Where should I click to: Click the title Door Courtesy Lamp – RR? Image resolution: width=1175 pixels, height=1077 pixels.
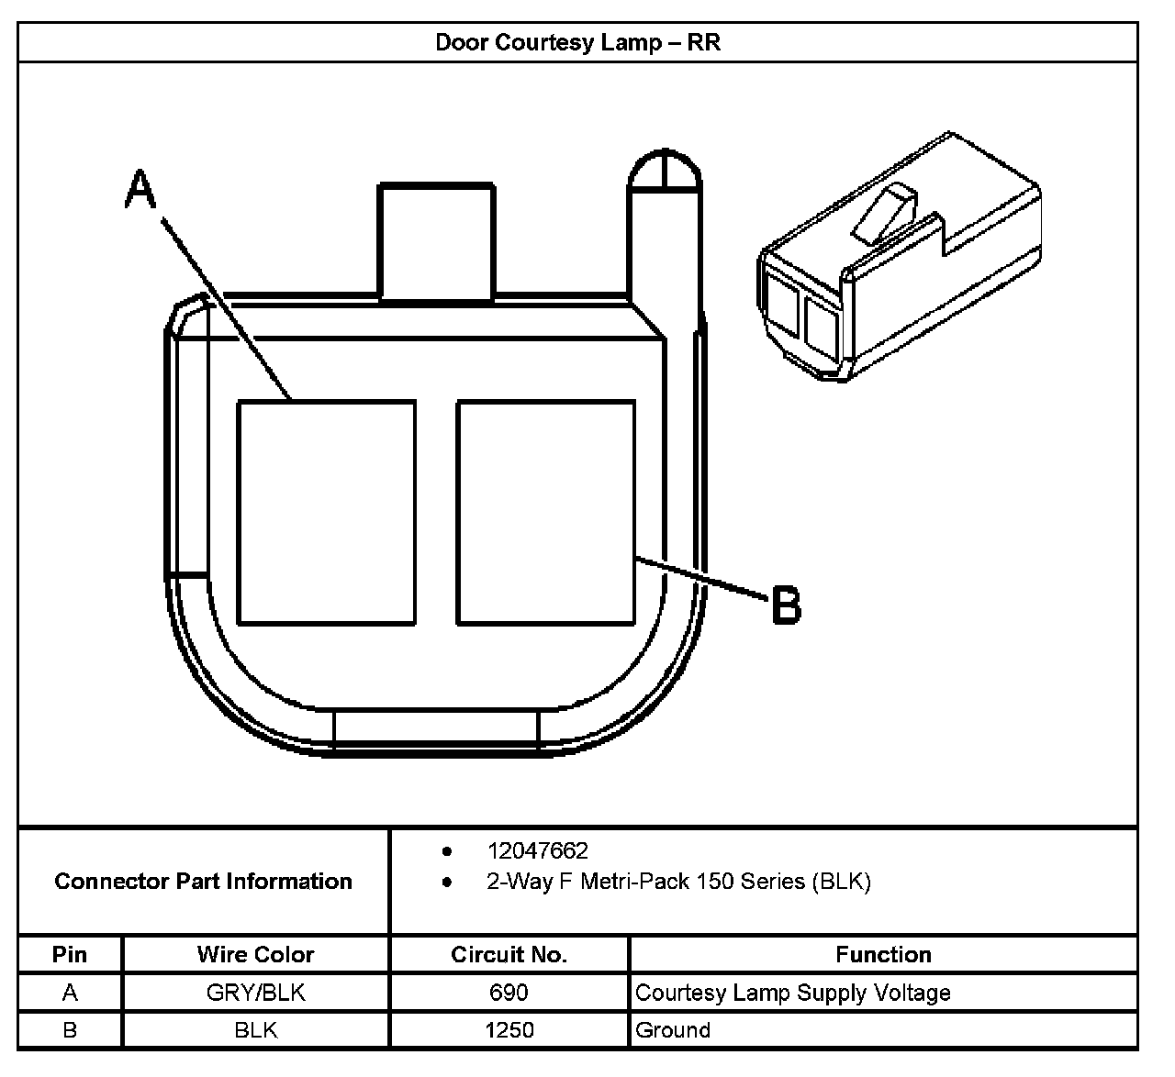pyautogui.click(x=577, y=43)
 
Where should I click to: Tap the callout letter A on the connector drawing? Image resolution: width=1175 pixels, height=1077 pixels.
pyautogui.click(x=140, y=188)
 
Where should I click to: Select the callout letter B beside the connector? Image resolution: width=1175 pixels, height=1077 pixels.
pyautogui.click(x=786, y=605)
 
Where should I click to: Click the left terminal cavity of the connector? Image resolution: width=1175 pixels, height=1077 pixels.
pyautogui.click(x=326, y=512)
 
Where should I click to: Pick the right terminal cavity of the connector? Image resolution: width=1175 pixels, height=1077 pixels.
pyautogui.click(x=545, y=512)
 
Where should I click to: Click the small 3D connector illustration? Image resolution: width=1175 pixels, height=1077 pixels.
pyautogui.click(x=898, y=261)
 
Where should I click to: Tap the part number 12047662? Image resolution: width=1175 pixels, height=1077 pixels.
pyautogui.click(x=537, y=850)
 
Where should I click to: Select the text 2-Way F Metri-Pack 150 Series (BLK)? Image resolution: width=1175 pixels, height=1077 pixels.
pyautogui.click(x=678, y=882)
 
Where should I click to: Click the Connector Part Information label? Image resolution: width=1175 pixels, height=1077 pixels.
pyautogui.click(x=204, y=882)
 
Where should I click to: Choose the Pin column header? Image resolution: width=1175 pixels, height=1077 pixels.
pyautogui.click(x=70, y=955)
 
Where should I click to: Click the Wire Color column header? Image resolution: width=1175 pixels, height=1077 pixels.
pyautogui.click(x=255, y=955)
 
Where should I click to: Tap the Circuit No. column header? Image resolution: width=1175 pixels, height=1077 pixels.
pyautogui.click(x=509, y=955)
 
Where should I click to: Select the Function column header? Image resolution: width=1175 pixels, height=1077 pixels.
pyautogui.click(x=883, y=955)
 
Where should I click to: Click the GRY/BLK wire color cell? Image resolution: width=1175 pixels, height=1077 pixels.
pyautogui.click(x=255, y=993)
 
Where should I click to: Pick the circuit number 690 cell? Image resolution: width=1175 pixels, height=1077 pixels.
pyautogui.click(x=509, y=993)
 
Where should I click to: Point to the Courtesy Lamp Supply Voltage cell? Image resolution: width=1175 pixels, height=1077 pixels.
pyautogui.click(x=793, y=993)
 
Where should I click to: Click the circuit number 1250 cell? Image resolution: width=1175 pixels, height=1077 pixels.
pyautogui.click(x=509, y=1030)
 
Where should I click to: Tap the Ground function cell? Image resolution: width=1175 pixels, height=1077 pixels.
pyautogui.click(x=673, y=1030)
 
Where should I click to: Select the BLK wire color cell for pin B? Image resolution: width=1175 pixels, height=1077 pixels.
pyautogui.click(x=255, y=1030)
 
